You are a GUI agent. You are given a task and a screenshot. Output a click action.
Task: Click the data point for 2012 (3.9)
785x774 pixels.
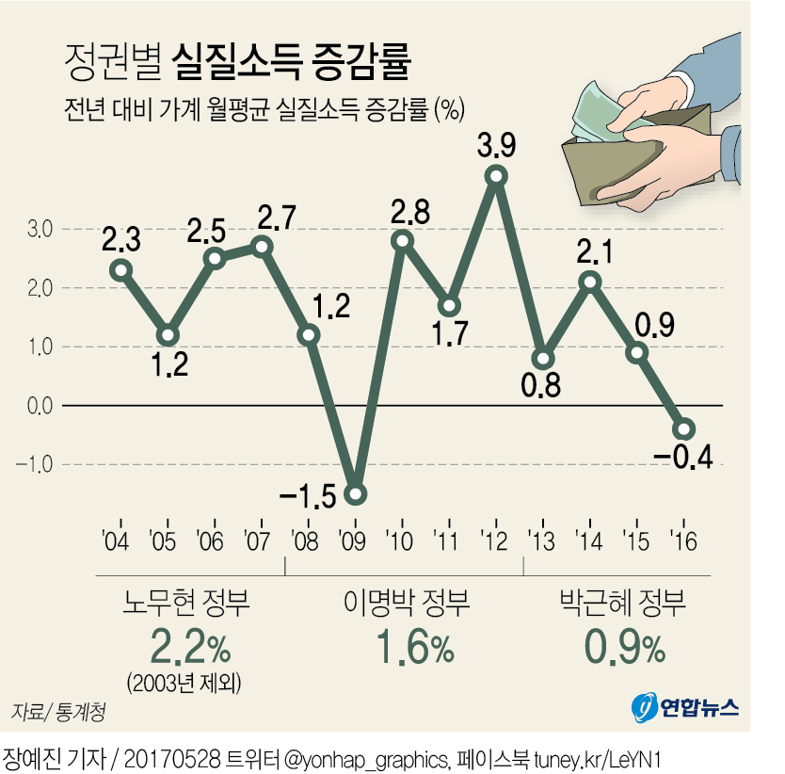(496, 176)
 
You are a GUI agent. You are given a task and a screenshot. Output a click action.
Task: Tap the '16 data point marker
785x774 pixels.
(684, 429)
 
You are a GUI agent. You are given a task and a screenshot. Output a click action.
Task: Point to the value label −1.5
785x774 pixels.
(307, 496)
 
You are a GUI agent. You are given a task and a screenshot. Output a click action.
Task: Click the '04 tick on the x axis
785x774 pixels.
(118, 542)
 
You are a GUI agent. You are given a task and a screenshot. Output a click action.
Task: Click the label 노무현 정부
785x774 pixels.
(187, 602)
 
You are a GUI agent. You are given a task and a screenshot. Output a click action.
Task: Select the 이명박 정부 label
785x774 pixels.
(406, 602)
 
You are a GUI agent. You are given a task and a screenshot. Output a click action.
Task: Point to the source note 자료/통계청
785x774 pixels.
(58, 711)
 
